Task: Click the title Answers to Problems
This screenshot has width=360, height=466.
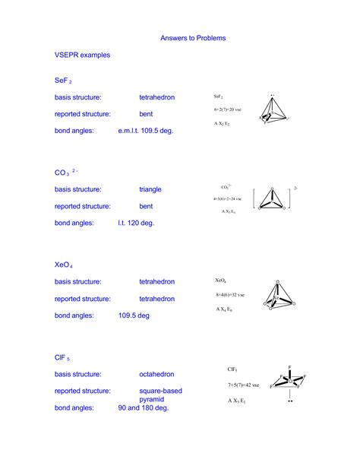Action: (x=193, y=37)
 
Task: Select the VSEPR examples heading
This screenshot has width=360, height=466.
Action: (x=82, y=55)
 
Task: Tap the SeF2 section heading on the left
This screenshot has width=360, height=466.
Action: (x=62, y=80)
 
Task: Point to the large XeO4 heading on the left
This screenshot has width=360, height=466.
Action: (x=63, y=265)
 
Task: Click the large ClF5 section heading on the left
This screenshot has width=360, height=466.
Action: (x=62, y=357)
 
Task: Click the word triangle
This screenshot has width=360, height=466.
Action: (x=150, y=189)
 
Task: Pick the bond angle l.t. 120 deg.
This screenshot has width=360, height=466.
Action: (x=136, y=223)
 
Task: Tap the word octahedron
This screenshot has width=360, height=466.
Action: (x=156, y=374)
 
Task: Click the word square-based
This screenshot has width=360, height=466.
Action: (x=160, y=391)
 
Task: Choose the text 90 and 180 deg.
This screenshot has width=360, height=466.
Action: (x=144, y=408)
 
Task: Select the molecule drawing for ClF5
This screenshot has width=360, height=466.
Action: (x=289, y=380)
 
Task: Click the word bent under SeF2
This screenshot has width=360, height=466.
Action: (x=146, y=114)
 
